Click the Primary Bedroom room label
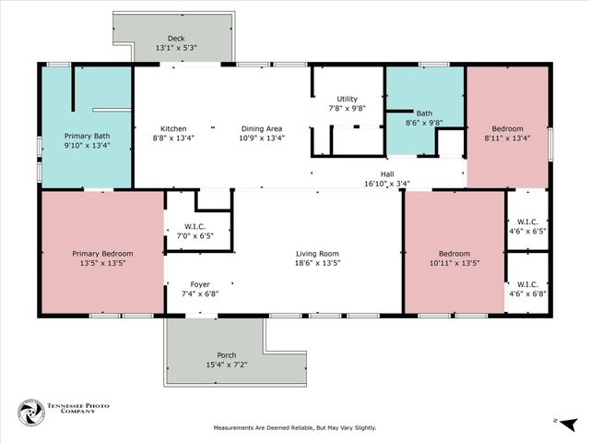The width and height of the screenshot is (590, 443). click(x=103, y=254)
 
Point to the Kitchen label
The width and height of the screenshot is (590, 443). click(x=173, y=128)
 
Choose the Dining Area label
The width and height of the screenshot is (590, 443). click(x=262, y=128)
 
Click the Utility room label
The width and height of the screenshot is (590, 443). click(x=347, y=99)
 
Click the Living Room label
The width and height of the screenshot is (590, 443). click(x=317, y=254)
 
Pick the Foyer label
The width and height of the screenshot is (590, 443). click(x=199, y=283)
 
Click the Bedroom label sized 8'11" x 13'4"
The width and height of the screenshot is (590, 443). click(x=507, y=128)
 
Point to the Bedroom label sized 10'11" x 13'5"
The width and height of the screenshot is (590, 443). click(x=454, y=254)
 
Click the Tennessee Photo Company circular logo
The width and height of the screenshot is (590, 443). click(x=30, y=412)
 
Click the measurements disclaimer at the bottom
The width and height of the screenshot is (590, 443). click(x=295, y=427)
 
